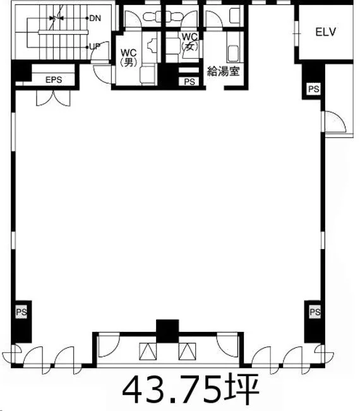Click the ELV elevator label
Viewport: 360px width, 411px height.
[x=325, y=32]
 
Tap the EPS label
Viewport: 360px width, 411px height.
[x=54, y=80]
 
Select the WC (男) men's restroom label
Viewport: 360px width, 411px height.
[x=129, y=57]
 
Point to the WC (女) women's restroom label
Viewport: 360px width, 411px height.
[x=190, y=41]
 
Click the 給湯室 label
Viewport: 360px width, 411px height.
[x=223, y=71]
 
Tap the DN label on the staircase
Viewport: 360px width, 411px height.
[x=95, y=18]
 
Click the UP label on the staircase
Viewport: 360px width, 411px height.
[x=95, y=47]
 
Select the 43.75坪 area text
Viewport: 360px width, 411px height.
[x=191, y=389]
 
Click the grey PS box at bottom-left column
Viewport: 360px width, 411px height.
[x=21, y=312]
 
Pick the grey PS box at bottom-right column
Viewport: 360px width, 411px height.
[x=315, y=312]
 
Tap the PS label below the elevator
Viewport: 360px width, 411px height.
[x=314, y=89]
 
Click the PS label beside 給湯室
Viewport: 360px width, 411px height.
[x=189, y=82]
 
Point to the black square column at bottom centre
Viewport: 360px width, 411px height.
[x=167, y=331]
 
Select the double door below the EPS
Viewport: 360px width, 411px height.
[x=54, y=98]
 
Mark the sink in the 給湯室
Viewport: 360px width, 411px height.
[x=234, y=54]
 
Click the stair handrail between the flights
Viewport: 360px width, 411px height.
[x=63, y=32]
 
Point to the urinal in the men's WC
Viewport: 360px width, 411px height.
[x=152, y=45]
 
